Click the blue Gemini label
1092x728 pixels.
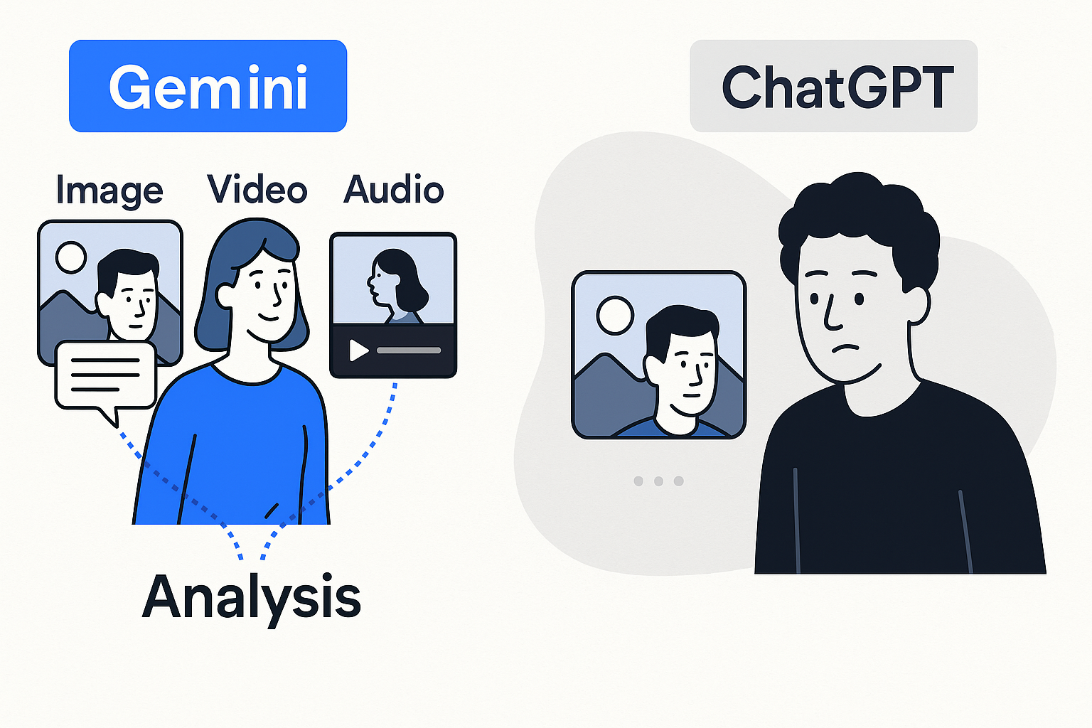pos(208,86)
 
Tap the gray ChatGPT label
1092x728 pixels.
pos(833,86)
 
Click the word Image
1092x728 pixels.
pos(109,191)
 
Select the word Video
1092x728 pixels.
pos(257,190)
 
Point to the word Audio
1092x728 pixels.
pos(393,190)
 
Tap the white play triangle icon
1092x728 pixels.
pos(358,350)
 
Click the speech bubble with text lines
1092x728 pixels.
pos(105,377)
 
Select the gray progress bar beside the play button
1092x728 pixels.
pos(409,350)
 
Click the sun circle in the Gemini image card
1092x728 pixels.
pos(71,257)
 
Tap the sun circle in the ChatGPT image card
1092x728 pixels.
pos(615,316)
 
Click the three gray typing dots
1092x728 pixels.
pos(658,481)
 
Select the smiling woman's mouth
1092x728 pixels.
pos(269,317)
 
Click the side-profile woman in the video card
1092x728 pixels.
pos(395,284)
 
